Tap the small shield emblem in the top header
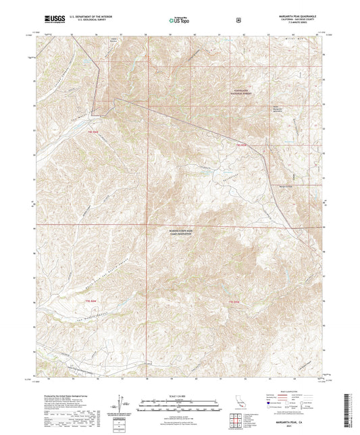coord(238,20)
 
